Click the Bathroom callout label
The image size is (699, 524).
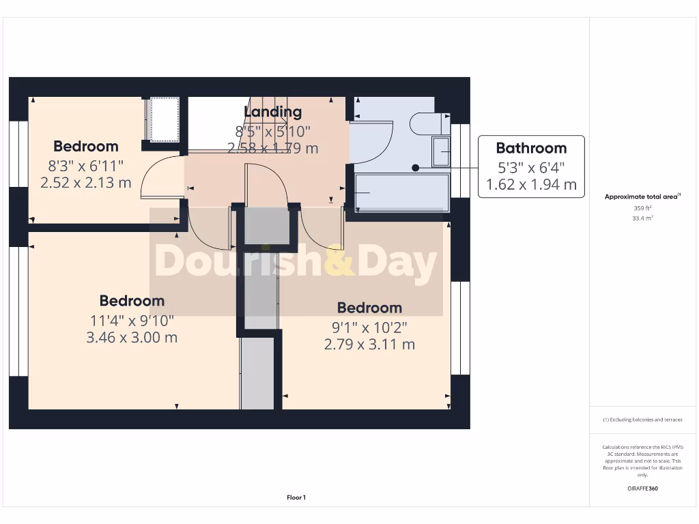tap(531, 148)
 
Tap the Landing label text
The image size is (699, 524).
tap(272, 112)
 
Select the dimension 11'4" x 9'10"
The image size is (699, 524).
tap(132, 319)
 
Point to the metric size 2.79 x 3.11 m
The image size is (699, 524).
tap(369, 345)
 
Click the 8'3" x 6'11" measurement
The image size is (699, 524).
tap(86, 164)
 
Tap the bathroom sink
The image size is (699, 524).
tap(441, 151)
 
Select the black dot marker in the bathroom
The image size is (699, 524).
tap(414, 167)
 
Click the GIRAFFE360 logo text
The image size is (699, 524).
tap(642, 489)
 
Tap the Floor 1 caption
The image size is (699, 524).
tap(296, 498)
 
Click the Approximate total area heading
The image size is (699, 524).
tap(642, 196)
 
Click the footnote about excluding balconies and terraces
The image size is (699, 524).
tap(642, 420)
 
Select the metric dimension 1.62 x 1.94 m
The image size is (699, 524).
tap(531, 184)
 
